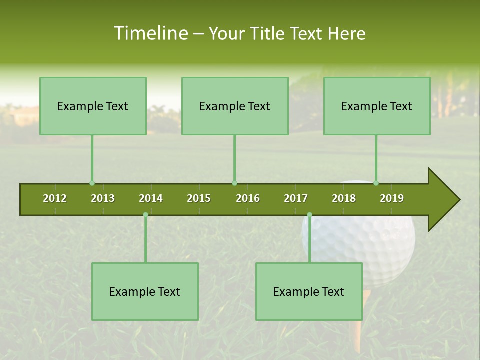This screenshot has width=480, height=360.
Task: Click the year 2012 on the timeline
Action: [55, 198]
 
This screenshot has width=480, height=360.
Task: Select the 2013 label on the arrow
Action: [103, 198]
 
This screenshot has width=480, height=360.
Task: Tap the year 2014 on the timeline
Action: [151, 198]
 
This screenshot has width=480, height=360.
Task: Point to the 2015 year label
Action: [199, 198]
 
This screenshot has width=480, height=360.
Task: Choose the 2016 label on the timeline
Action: [248, 198]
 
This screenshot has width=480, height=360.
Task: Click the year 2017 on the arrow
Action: [296, 198]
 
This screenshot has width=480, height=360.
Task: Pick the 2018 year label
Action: [344, 198]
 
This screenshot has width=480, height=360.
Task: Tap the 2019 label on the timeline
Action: [392, 198]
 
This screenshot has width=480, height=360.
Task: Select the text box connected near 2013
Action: [93, 106]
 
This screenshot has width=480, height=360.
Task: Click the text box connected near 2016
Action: [235, 106]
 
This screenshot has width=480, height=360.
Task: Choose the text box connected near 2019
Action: [377, 106]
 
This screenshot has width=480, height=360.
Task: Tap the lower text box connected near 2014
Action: [145, 291]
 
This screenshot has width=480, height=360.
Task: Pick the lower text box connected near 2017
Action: [309, 291]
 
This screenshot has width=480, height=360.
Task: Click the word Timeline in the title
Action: [150, 33]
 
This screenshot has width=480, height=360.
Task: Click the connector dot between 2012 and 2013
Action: [92, 183]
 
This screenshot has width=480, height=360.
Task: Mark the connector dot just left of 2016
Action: [234, 183]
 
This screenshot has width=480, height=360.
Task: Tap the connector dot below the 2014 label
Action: [145, 214]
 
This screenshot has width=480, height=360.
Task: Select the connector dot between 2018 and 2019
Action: [376, 183]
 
